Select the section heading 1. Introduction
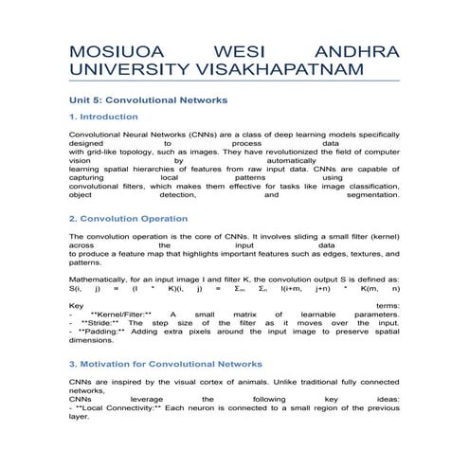103,117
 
